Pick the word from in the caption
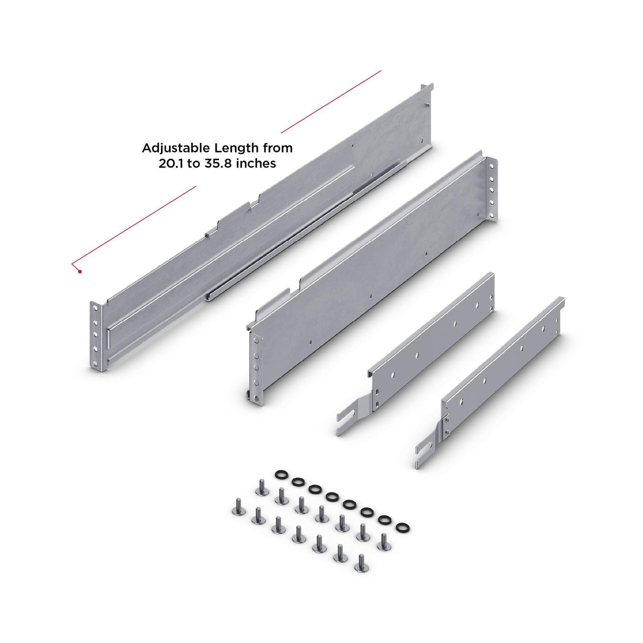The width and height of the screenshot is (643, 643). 278,148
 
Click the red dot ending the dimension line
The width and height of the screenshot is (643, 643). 80,271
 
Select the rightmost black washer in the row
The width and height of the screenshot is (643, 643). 403,528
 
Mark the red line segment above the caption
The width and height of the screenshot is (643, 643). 331,102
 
